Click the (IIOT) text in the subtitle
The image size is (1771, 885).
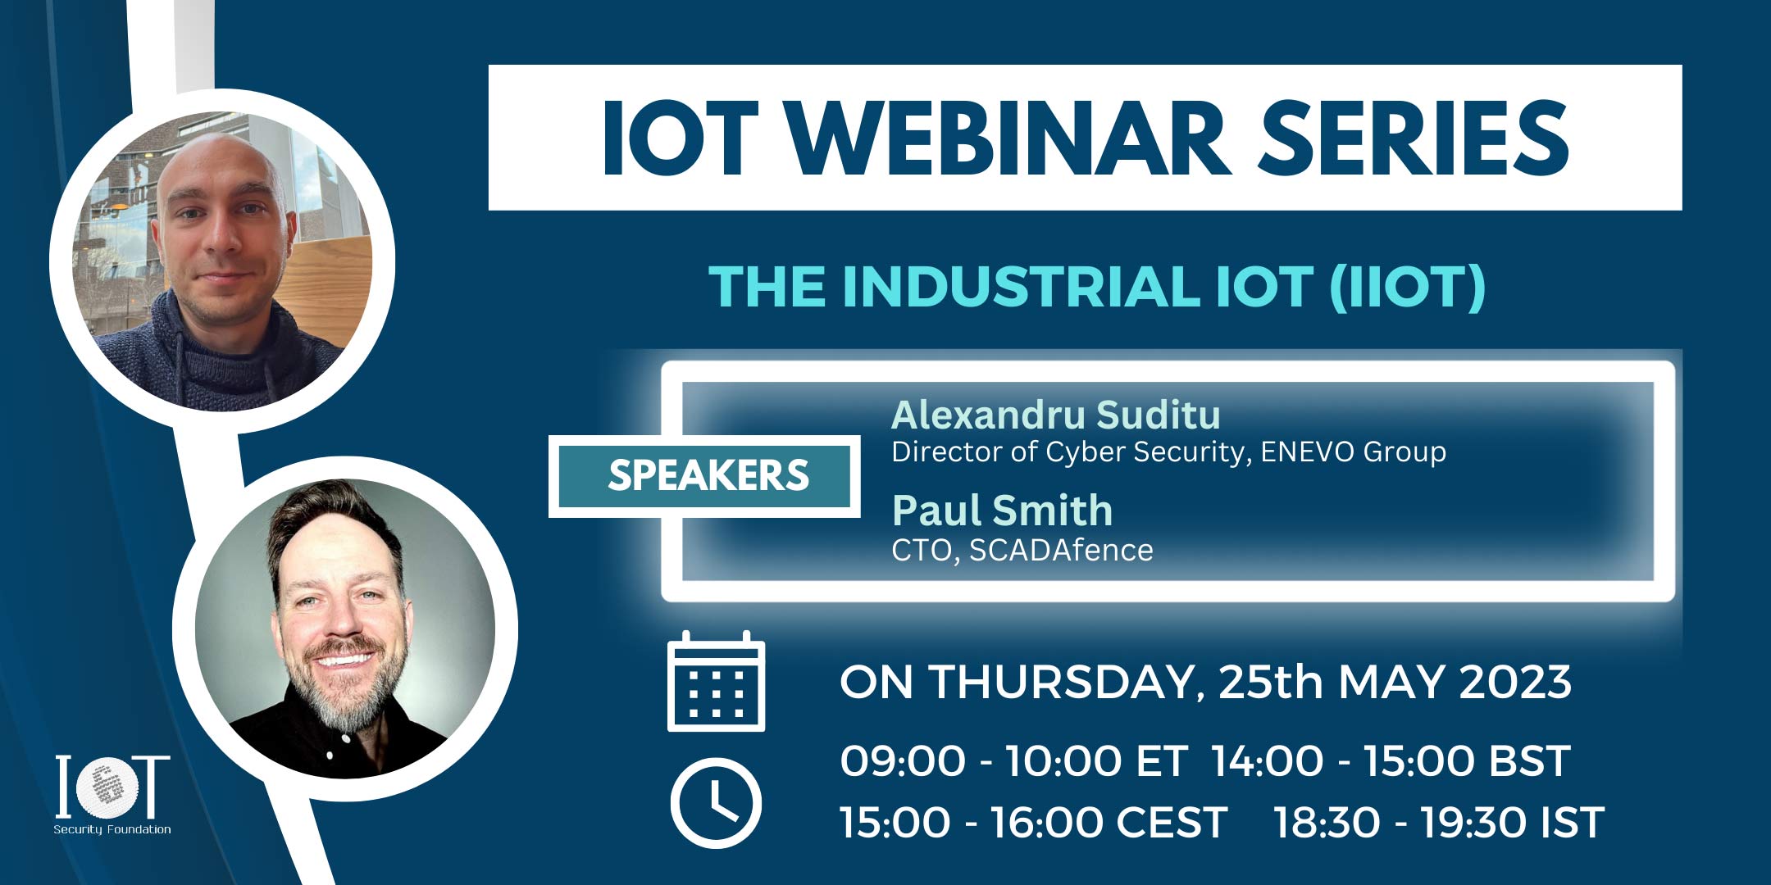coord(1407,287)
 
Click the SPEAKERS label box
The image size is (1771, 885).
coord(704,476)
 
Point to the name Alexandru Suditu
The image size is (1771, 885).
coord(1055,415)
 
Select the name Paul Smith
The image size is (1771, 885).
coord(1002,511)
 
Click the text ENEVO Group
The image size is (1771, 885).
coord(1353,452)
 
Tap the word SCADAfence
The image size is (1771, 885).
coord(1061,550)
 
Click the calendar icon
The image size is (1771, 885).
coord(716,682)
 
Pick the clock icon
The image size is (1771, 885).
coord(716,803)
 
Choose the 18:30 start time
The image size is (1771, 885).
coord(1327,823)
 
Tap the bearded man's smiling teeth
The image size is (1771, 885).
coord(345,658)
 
